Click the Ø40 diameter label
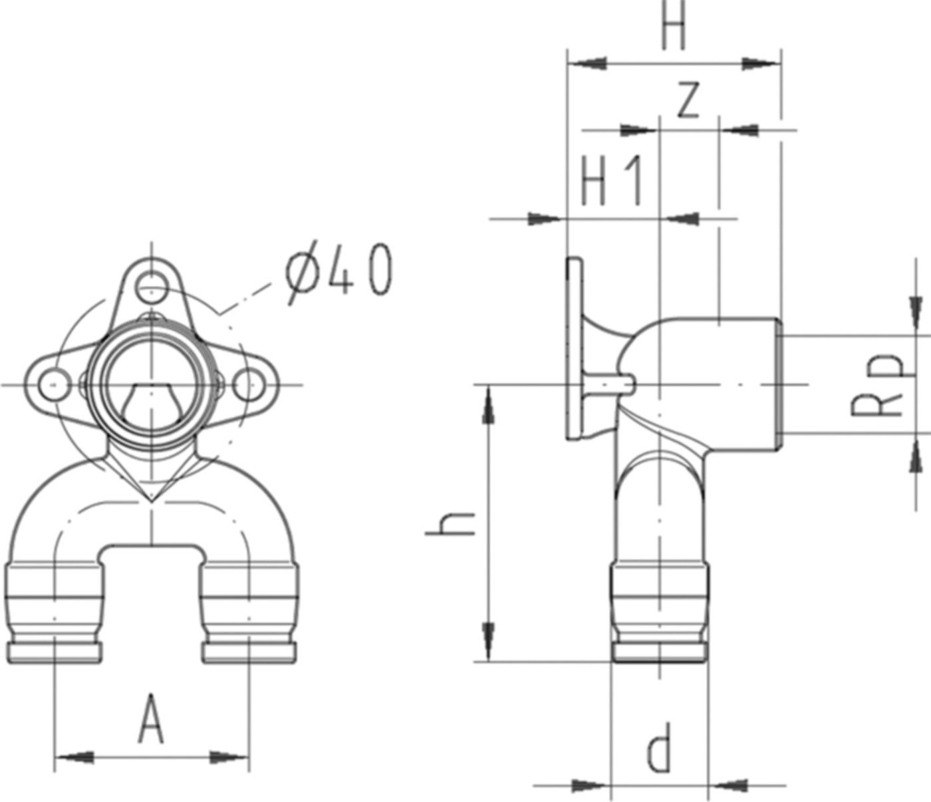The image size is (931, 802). point(339,273)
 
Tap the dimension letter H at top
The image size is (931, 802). point(673,27)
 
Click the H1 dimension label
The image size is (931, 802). point(612,181)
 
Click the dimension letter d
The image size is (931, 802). point(659,750)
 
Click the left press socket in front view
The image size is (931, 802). point(55,612)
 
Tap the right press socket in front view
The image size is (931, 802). point(248,612)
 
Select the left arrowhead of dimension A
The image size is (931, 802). point(73,757)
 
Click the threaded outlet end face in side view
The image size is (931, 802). point(781,384)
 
